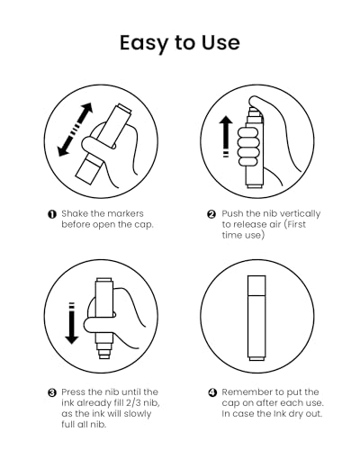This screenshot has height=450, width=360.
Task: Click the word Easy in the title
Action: click(x=144, y=44)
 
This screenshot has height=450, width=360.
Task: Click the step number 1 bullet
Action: click(x=52, y=214)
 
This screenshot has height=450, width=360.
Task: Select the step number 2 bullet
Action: click(x=211, y=214)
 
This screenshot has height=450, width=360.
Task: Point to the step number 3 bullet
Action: click(x=52, y=392)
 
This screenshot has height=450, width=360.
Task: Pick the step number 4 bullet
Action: click(x=212, y=392)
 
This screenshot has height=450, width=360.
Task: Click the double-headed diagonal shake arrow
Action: click(x=75, y=130)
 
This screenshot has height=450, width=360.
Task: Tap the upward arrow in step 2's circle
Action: click(x=226, y=137)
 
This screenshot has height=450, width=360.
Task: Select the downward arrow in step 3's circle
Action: click(x=72, y=323)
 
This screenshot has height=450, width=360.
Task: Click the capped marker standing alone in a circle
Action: click(x=256, y=318)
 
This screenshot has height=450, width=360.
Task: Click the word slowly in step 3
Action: click(x=138, y=414)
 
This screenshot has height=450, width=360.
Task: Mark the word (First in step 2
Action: click(x=295, y=224)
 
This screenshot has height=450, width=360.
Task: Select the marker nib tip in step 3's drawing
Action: click(x=104, y=356)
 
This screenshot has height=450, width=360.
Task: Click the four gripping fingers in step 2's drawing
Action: click(x=247, y=147)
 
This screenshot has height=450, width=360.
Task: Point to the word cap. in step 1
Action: click(x=144, y=225)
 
